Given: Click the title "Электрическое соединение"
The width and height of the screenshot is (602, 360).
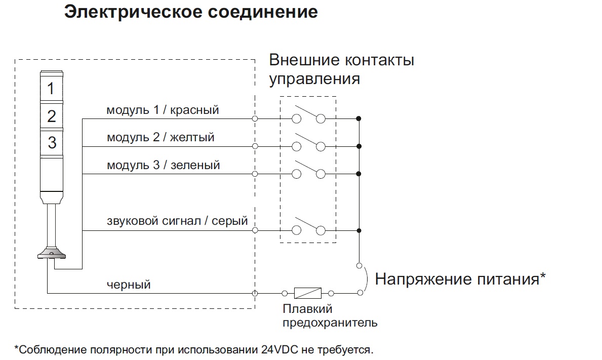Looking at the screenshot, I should (191, 12).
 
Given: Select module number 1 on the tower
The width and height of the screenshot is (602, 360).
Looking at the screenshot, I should (51, 89).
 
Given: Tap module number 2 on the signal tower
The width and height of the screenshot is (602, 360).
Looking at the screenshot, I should (51, 116).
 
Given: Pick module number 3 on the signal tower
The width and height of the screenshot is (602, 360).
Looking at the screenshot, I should (52, 142).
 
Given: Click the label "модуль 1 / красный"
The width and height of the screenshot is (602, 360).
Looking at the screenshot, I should (163, 110).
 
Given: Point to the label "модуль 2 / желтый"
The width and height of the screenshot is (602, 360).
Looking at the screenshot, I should (160, 137).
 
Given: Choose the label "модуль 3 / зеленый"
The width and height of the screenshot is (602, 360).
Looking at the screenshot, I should (163, 165).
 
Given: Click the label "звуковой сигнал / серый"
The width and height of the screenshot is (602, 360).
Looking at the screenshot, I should (177, 221).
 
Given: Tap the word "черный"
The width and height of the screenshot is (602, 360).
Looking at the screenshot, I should (129, 285).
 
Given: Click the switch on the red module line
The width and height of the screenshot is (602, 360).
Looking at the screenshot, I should (308, 116).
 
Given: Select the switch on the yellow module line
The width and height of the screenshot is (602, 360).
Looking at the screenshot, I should (308, 143).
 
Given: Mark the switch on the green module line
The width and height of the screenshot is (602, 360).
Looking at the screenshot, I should (308, 171).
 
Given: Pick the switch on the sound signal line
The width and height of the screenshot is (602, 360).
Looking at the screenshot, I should (308, 227).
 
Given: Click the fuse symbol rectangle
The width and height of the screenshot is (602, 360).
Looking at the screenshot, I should (307, 293).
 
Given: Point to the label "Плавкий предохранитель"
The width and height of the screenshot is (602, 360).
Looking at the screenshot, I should (330, 315).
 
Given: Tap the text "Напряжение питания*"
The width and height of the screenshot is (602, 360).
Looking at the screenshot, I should (460, 279).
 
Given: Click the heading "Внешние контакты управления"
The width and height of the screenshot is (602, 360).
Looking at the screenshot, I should (342, 69).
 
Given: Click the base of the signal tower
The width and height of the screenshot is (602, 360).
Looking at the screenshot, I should (51, 253).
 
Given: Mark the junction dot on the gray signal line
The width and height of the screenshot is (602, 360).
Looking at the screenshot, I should (358, 230).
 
